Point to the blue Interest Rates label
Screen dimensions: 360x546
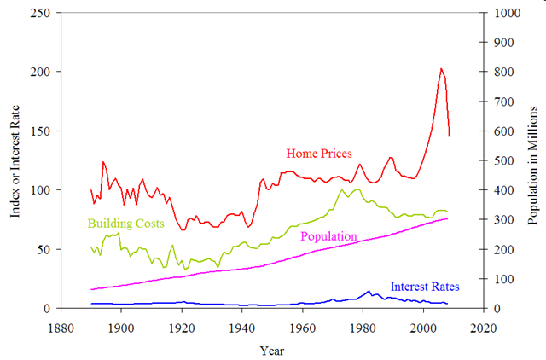pyautogui.click(x=425, y=287)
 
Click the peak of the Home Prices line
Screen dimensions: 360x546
pyautogui.click(x=441, y=68)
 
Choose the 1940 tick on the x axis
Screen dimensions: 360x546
pyautogui.click(x=241, y=326)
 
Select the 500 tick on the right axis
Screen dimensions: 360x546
pyautogui.click(x=501, y=161)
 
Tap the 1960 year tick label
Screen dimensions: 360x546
pyautogui.click(x=302, y=326)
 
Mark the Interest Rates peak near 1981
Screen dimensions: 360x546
pyautogui.click(x=369, y=291)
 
